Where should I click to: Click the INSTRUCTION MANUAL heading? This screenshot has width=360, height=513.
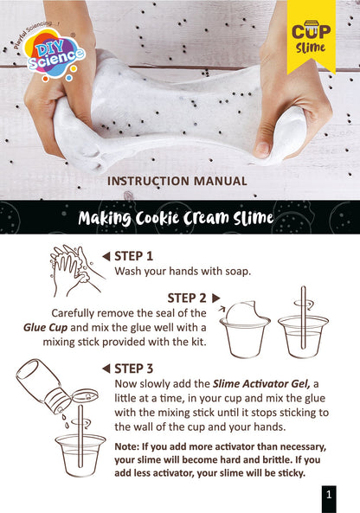pyautogui.click(x=177, y=181)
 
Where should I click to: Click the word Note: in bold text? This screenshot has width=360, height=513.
pyautogui.click(x=128, y=446)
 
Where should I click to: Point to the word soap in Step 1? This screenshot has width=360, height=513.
pyautogui.click(x=235, y=271)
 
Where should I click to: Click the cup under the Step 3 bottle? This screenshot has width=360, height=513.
pyautogui.click(x=80, y=451)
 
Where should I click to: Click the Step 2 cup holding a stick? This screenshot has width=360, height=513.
pyautogui.click(x=303, y=333)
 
